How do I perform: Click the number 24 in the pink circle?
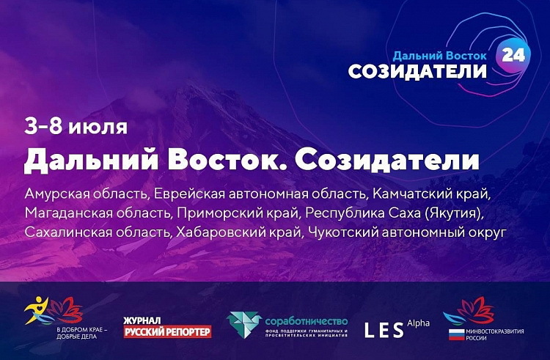(513, 55)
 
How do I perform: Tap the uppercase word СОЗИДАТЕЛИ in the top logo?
(417, 72)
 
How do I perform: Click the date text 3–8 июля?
(76, 127)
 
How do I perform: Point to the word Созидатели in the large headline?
(387, 161)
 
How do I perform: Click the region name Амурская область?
(87, 194)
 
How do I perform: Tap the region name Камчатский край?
(431, 194)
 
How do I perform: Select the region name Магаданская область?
(98, 213)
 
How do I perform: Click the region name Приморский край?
(238, 213)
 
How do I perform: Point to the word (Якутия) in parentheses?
(453, 213)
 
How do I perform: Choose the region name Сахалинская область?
(98, 232)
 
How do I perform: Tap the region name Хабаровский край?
(238, 232)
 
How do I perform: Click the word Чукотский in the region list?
(342, 232)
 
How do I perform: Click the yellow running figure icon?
(35, 310)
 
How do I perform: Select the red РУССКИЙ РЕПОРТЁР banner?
(167, 331)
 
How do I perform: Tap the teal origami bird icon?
(243, 324)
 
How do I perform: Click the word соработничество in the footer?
(307, 321)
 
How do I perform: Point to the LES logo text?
(384, 331)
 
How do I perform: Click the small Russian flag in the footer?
(456, 334)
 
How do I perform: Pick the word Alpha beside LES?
(418, 323)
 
